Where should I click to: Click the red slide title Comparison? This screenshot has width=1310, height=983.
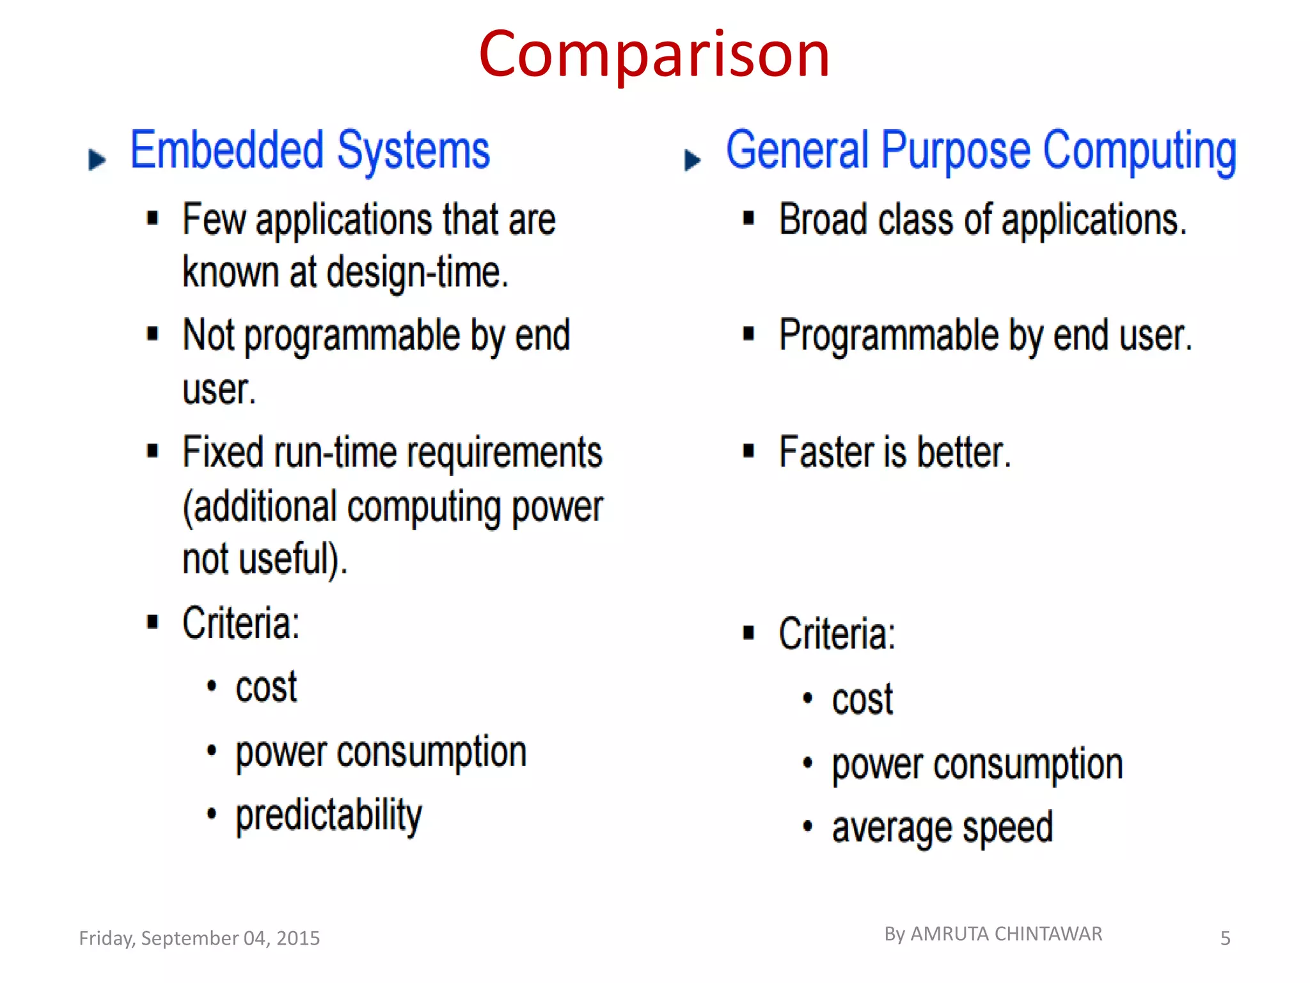[x=654, y=55]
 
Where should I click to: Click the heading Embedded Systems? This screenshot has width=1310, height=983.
[x=310, y=151]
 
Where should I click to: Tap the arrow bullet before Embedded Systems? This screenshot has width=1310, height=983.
[x=97, y=159]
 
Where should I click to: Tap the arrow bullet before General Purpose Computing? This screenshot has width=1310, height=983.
[x=692, y=159]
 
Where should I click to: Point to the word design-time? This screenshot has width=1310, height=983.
[x=417, y=273]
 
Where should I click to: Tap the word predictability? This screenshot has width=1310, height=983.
[x=329, y=815]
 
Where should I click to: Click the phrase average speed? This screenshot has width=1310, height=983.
[x=942, y=827]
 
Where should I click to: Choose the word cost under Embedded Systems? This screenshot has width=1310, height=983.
[x=266, y=687]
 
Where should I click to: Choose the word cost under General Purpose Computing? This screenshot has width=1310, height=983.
[x=862, y=699]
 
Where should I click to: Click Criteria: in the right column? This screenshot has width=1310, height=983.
[x=837, y=634]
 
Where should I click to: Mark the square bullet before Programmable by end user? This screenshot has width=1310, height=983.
[x=748, y=334]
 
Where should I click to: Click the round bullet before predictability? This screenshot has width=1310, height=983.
[x=212, y=814]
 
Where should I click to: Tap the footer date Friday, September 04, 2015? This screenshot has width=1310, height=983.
[x=199, y=938]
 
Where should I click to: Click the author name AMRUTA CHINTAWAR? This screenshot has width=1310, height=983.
[x=1006, y=934]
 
